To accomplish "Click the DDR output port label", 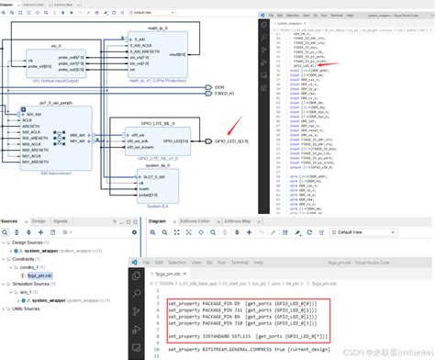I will (x=219, y=86).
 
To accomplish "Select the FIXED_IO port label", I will (x=224, y=94).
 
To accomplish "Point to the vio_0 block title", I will (x=55, y=46).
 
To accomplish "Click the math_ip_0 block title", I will (x=146, y=29).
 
